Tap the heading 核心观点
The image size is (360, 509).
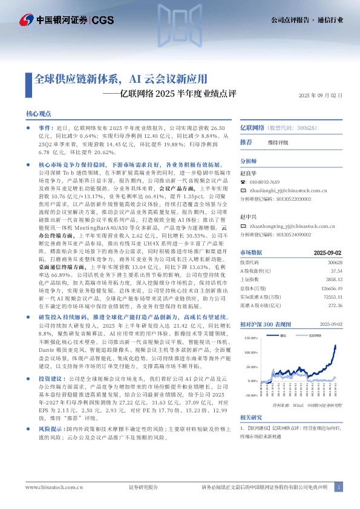39,114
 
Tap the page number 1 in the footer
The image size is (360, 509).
339,487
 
